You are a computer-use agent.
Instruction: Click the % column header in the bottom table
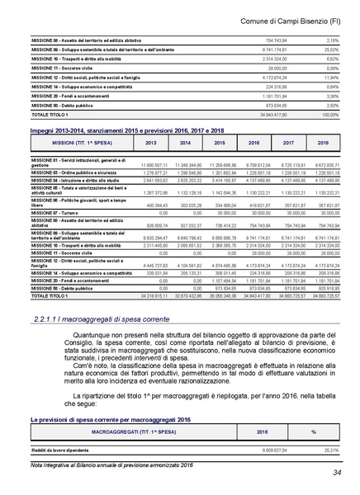313,431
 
